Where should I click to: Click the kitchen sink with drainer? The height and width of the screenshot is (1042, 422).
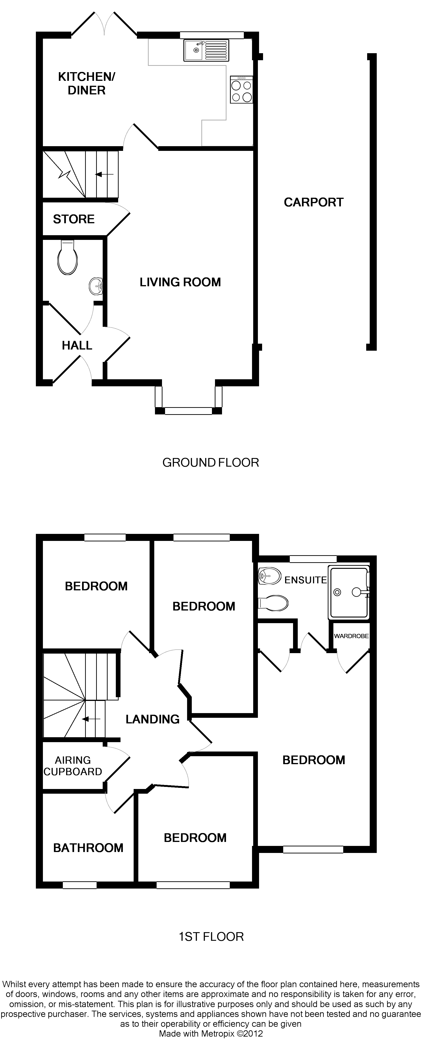click(x=206, y=50)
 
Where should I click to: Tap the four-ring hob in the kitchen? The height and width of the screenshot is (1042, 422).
click(x=241, y=90)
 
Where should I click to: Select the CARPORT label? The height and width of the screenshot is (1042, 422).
click(x=313, y=202)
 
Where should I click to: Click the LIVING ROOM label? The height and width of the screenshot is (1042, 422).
click(x=180, y=282)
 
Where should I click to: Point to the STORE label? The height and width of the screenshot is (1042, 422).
click(x=74, y=219)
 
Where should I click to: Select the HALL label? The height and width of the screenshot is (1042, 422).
click(x=77, y=346)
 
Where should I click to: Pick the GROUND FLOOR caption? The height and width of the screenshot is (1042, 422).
click(x=211, y=462)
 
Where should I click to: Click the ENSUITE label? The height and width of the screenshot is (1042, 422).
click(x=305, y=580)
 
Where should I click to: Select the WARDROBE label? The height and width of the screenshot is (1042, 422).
click(x=351, y=636)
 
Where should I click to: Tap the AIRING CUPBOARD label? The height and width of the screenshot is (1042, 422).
click(x=73, y=766)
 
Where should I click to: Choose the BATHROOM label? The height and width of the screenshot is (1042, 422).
click(x=88, y=848)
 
